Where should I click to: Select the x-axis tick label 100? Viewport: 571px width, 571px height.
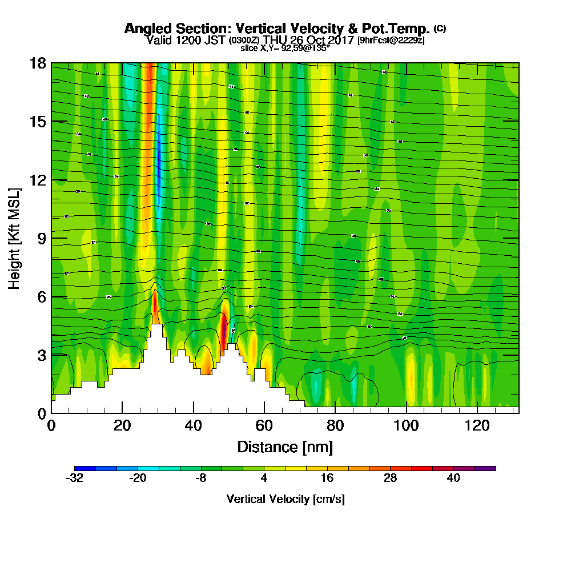pos(406,425)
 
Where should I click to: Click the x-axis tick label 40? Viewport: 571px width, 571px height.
pos(194,425)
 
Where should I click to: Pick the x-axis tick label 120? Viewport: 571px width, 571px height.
pos(477,425)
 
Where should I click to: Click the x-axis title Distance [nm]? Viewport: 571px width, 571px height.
pos(285,447)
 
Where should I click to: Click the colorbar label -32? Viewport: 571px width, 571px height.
pos(75,478)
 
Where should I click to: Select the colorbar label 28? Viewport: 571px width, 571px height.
pos(390,478)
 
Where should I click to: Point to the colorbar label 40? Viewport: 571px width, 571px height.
pos(453,478)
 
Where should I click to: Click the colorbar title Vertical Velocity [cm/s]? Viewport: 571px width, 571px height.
pos(285,499)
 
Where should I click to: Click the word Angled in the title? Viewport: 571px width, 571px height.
pos(144,29)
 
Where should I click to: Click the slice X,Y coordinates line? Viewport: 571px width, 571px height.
pos(285,49)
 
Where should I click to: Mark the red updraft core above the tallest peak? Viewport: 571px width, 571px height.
pos(155,305)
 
